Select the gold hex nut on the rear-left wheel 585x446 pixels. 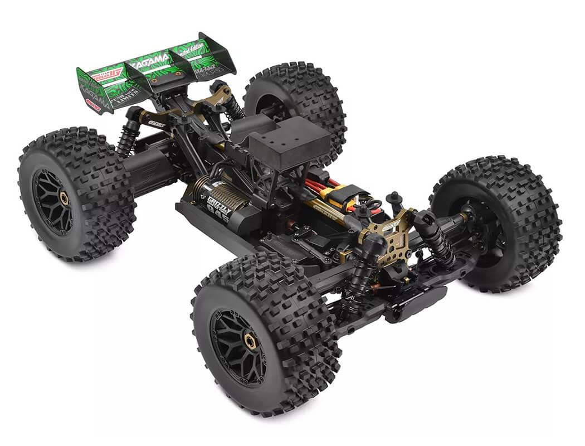click(x=64, y=197)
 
